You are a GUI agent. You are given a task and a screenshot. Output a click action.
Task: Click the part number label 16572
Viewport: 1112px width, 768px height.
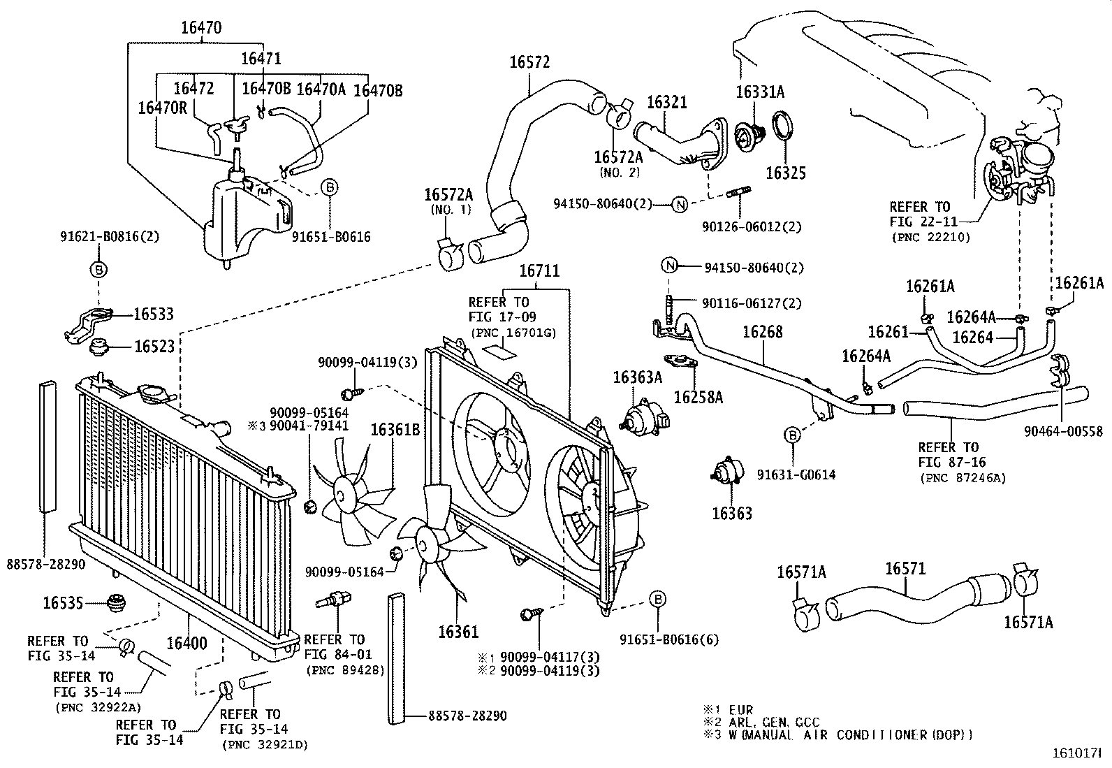click(x=529, y=62)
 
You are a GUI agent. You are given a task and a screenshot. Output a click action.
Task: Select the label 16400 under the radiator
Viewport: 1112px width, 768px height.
click(x=186, y=642)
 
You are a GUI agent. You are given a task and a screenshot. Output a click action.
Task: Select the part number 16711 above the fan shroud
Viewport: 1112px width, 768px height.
click(x=539, y=271)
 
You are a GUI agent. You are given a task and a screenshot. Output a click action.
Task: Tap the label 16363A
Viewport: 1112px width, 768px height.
click(x=637, y=377)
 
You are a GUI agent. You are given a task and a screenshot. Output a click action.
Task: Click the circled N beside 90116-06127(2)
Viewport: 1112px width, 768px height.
click(x=670, y=266)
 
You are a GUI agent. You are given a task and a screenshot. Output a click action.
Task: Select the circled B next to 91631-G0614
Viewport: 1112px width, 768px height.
click(x=793, y=435)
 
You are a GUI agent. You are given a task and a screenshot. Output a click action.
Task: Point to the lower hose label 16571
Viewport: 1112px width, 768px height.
click(x=905, y=568)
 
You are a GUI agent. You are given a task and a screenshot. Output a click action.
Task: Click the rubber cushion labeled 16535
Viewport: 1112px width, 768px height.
click(x=114, y=602)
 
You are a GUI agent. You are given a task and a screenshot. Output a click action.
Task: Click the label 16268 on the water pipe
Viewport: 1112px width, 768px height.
click(x=762, y=333)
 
